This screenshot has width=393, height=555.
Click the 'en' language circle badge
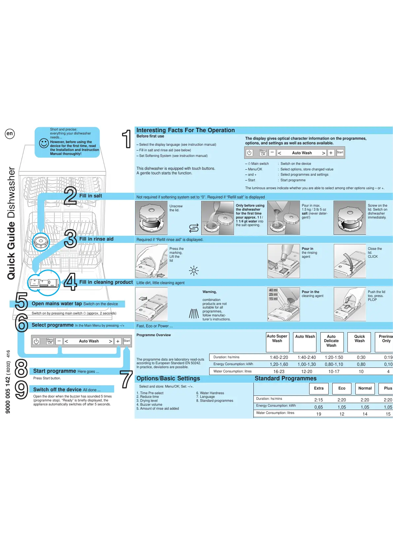[10, 133]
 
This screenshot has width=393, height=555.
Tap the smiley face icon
[44, 143]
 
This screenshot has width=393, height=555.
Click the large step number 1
[126, 139]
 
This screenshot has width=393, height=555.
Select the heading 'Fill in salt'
[90, 196]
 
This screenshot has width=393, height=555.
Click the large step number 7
[126, 379]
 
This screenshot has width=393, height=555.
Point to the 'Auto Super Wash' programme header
[277, 338]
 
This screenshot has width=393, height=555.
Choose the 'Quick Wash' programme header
[359, 338]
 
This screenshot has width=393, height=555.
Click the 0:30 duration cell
[361, 357]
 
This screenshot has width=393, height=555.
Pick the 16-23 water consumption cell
[279, 371]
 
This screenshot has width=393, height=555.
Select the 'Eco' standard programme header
[342, 388]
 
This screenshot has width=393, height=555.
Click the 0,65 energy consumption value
[318, 407]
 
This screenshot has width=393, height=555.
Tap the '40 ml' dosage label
[273, 290]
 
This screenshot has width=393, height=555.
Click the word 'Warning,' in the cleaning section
[210, 292]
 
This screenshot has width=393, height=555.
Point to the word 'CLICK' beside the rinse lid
[373, 257]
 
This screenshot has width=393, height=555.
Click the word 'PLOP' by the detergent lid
[372, 300]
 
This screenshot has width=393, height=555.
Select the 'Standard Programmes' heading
[285, 378]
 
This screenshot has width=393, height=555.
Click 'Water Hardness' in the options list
[212, 393]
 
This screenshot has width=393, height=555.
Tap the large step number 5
[21, 302]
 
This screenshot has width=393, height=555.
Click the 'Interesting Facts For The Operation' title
[185, 130]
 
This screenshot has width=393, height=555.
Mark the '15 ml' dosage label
[273, 299]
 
